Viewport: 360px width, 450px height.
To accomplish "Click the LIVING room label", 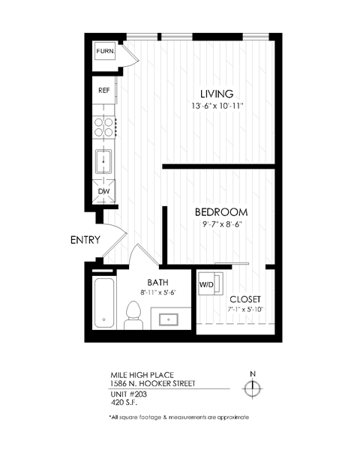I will click(x=211, y=94).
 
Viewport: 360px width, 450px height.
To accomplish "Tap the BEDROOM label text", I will click(x=220, y=212).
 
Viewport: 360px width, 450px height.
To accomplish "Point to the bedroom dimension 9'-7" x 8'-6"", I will click(x=220, y=224).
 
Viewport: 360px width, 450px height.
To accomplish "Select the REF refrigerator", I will click(x=104, y=89).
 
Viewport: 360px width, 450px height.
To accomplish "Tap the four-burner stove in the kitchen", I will click(x=104, y=127).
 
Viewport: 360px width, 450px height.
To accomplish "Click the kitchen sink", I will click(x=103, y=161).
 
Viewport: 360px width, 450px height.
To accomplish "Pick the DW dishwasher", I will click(x=104, y=191).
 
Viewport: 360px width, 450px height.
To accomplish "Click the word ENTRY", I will click(x=85, y=241).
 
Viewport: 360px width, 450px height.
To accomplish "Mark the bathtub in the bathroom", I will click(x=105, y=304).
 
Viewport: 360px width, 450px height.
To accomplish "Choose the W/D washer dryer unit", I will click(x=208, y=285).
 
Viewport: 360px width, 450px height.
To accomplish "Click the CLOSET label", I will click(x=245, y=298).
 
